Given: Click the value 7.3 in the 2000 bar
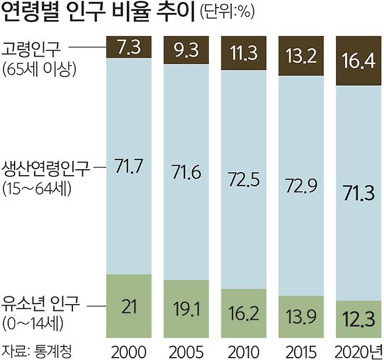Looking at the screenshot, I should (x=128, y=47).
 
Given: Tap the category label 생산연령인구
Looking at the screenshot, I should (x=46, y=169).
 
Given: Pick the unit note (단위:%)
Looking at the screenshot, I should (x=228, y=12).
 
